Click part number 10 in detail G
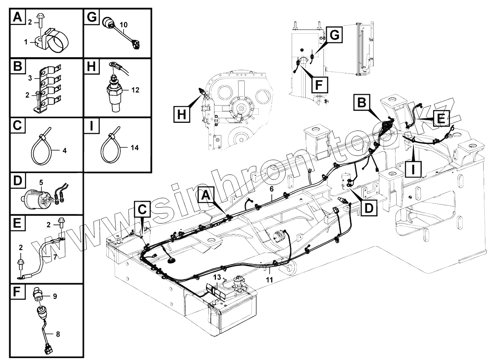[123, 25]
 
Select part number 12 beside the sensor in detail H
[135, 91]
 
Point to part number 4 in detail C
[64, 150]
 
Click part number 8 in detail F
[58, 334]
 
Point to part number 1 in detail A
[26, 42]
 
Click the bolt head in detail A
[40, 17]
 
